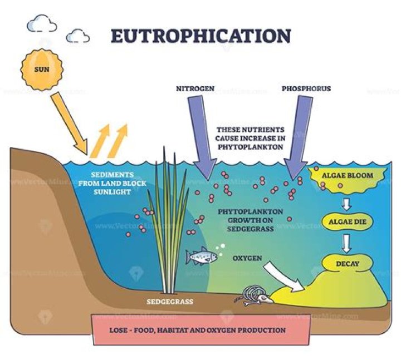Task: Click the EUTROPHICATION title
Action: (x=200, y=36)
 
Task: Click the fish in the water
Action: (x=202, y=257)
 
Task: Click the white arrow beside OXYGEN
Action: (x=284, y=277)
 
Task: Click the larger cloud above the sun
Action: (x=42, y=23)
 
